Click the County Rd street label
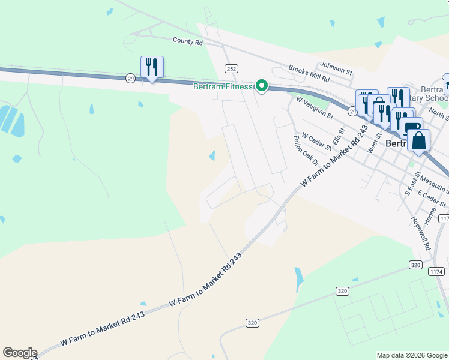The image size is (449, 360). coord(187,41)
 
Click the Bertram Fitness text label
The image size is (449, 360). coord(223,86)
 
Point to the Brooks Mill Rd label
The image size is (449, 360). coord(309,74)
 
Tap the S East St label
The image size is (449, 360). coord(411,182)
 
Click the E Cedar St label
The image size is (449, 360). coord(432,199)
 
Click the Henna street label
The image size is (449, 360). coord(430,215)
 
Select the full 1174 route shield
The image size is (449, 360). coord(436,272)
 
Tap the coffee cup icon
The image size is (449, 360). coord(412,127)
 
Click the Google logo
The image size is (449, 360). coord(19,353)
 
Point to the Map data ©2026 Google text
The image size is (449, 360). coord(412,355)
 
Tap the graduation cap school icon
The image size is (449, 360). coord(447,82)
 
